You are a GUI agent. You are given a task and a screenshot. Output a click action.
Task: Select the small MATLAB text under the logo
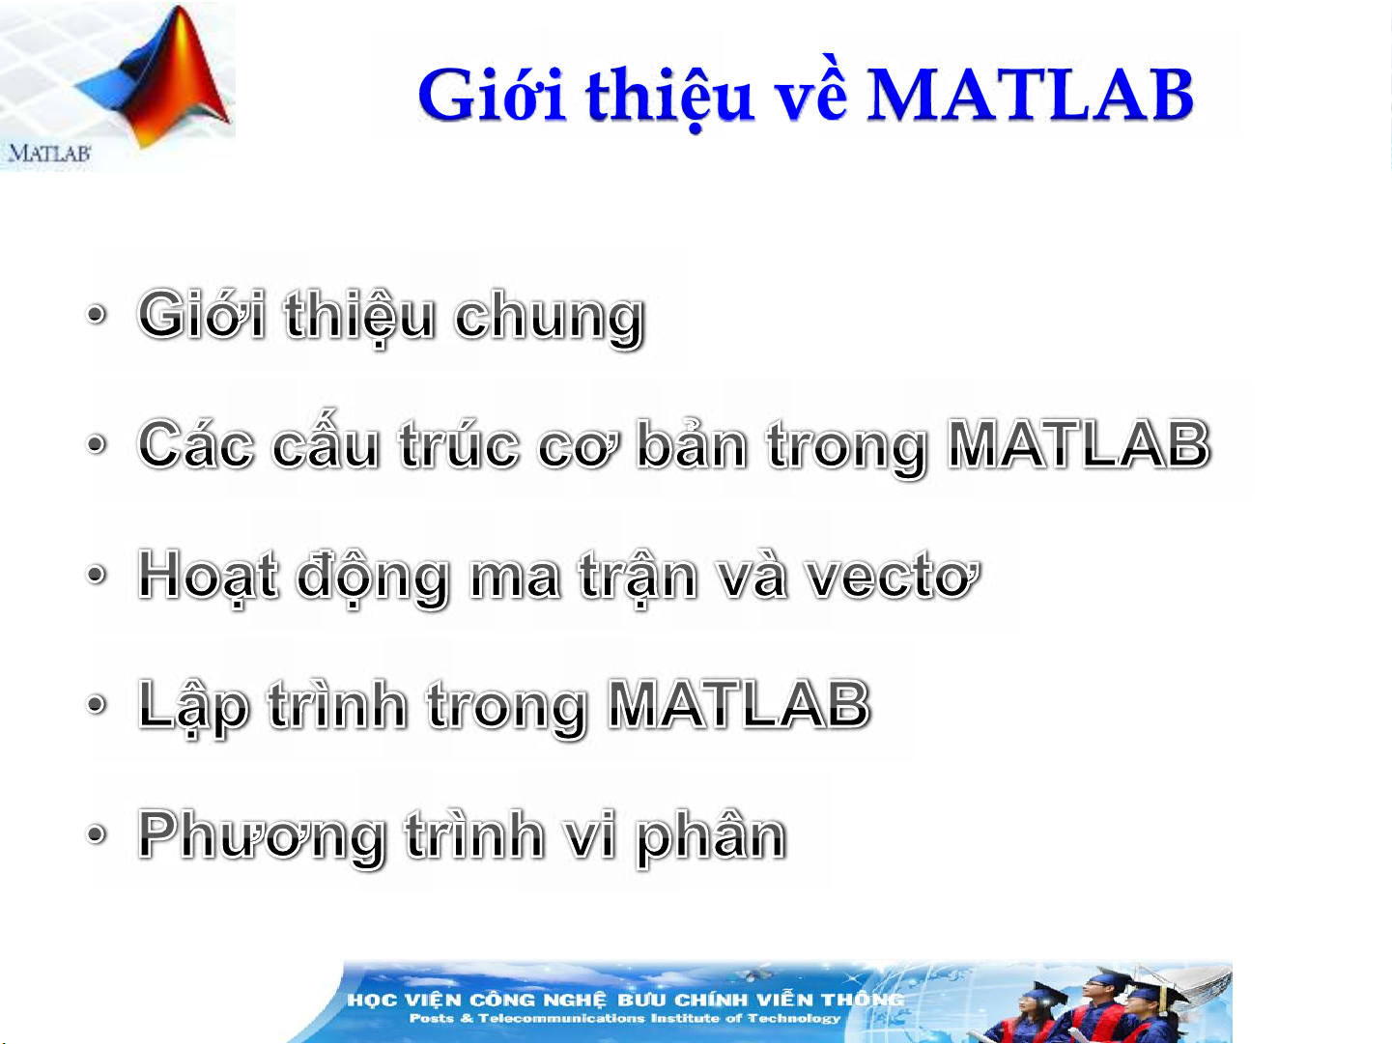(x=49, y=154)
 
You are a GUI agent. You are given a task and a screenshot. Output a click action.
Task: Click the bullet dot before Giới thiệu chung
(x=96, y=314)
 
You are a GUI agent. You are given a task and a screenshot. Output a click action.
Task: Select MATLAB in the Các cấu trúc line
(x=1079, y=445)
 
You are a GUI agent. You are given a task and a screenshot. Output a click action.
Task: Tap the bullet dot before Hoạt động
(x=96, y=575)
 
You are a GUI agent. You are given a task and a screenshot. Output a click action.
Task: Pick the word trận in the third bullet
(x=639, y=578)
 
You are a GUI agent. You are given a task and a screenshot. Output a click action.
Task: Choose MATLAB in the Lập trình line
(x=739, y=705)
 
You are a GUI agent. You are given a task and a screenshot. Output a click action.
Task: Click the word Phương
(x=261, y=839)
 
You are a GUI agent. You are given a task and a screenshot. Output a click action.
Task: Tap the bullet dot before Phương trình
(x=96, y=834)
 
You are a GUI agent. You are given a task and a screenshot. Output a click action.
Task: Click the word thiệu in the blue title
(x=670, y=99)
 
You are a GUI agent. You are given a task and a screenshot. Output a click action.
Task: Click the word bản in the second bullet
(x=693, y=443)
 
